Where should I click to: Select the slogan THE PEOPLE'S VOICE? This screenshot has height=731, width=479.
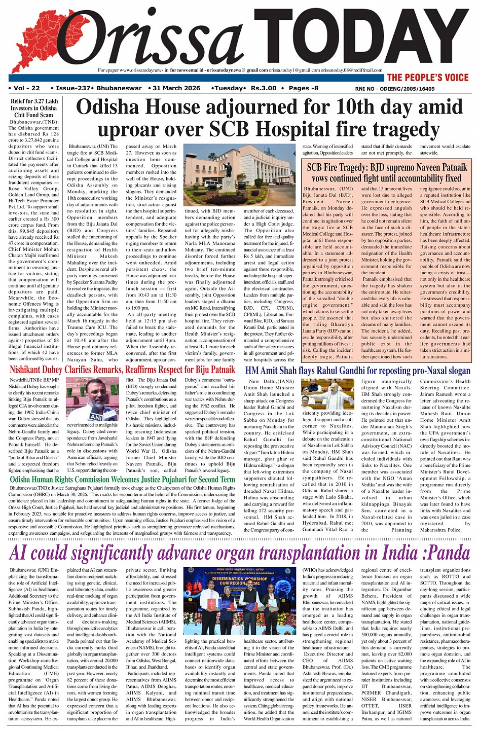(428, 78)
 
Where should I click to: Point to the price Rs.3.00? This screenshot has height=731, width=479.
(264, 88)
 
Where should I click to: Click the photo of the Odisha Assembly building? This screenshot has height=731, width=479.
(239, 173)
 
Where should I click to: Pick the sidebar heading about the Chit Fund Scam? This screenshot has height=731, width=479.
(34, 108)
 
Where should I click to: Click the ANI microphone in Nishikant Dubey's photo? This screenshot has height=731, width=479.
(96, 415)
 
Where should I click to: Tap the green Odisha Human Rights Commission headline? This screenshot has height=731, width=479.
(122, 479)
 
